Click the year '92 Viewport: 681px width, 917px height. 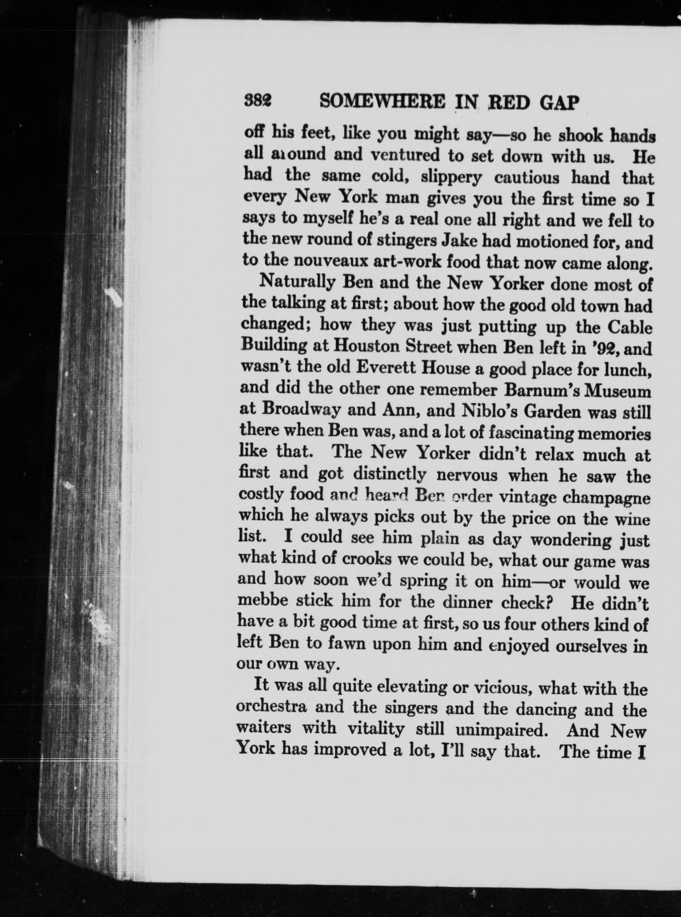click(605, 349)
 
